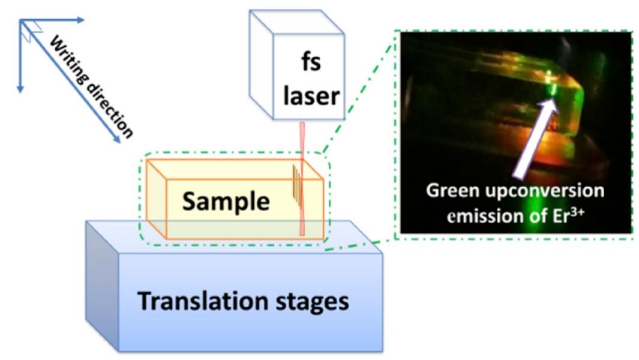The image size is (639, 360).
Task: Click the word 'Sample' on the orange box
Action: (x=226, y=202)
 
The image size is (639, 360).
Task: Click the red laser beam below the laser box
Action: (x=302, y=180)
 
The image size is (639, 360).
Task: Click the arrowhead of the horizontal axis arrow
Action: (x=80, y=20)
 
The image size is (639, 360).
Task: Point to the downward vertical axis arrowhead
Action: (x=20, y=88)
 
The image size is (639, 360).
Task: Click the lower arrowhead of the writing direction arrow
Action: (x=115, y=142)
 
